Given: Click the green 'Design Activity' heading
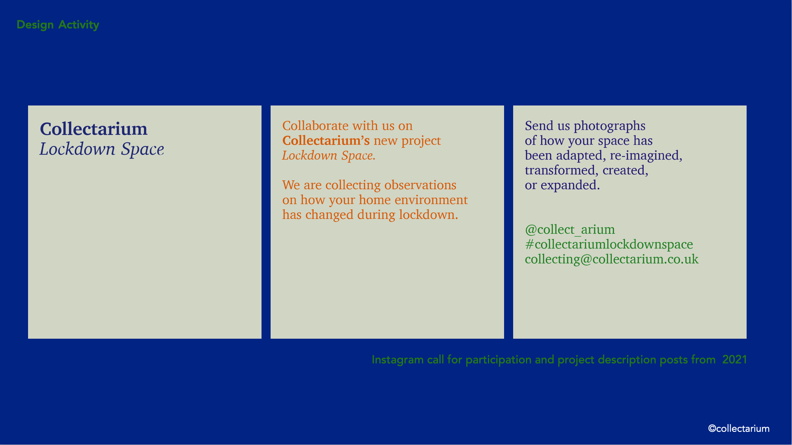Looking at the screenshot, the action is click(58, 25).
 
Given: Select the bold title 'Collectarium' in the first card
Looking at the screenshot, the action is click(94, 129).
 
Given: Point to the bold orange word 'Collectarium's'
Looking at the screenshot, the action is click(326, 141).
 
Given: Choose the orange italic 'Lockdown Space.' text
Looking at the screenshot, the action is click(329, 156).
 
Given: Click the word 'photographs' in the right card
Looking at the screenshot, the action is click(610, 126).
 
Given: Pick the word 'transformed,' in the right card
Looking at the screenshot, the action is click(562, 171).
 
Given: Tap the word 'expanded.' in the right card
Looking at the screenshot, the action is click(570, 185).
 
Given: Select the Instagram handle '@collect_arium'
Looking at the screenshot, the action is click(570, 230).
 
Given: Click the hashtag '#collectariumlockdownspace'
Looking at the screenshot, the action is click(609, 245).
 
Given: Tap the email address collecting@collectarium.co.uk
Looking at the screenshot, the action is click(612, 260).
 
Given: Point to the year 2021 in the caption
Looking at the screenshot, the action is click(734, 360).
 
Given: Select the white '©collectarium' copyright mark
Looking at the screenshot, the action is click(739, 429).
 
